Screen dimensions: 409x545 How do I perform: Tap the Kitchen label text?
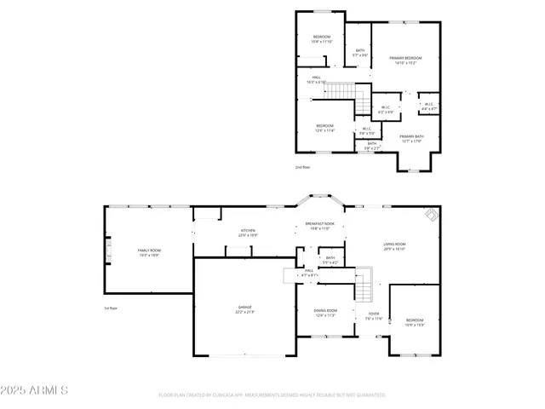click(248, 232)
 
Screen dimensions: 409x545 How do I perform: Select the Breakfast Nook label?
click(320, 226)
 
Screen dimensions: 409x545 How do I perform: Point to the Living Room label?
click(393, 247)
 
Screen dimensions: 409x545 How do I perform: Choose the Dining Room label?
click(326, 313)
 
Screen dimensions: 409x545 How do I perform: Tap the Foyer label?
click(373, 316)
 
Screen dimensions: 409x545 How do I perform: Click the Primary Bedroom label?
click(405, 60)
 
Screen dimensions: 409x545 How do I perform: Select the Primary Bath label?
click(411, 139)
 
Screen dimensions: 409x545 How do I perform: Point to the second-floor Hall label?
click(316, 79)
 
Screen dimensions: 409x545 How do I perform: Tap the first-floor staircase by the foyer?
click(364, 290)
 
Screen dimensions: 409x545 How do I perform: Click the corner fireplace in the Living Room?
click(432, 214)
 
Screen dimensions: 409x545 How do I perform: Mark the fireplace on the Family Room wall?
click(108, 252)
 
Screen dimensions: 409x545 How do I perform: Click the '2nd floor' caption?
click(302, 167)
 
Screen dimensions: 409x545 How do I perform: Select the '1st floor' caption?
click(111, 308)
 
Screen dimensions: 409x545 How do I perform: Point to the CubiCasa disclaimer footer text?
click(272, 395)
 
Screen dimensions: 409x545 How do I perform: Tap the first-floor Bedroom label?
click(414, 322)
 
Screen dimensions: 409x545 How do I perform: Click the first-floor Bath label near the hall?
click(330, 259)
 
